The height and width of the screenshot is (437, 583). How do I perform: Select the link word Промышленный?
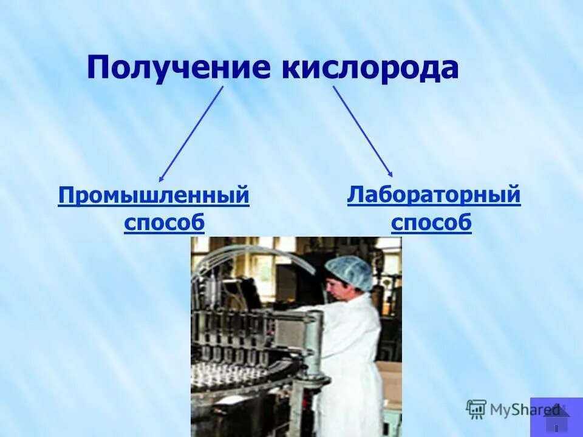[154, 197]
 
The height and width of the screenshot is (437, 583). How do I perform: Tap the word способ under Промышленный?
[164, 223]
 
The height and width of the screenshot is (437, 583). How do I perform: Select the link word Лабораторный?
[434, 195]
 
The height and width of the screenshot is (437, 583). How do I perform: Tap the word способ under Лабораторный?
[431, 223]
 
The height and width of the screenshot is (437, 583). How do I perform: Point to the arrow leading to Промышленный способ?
[191, 134]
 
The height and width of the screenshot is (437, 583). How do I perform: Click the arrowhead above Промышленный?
[162, 178]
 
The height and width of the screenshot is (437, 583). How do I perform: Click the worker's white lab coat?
[352, 352]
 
